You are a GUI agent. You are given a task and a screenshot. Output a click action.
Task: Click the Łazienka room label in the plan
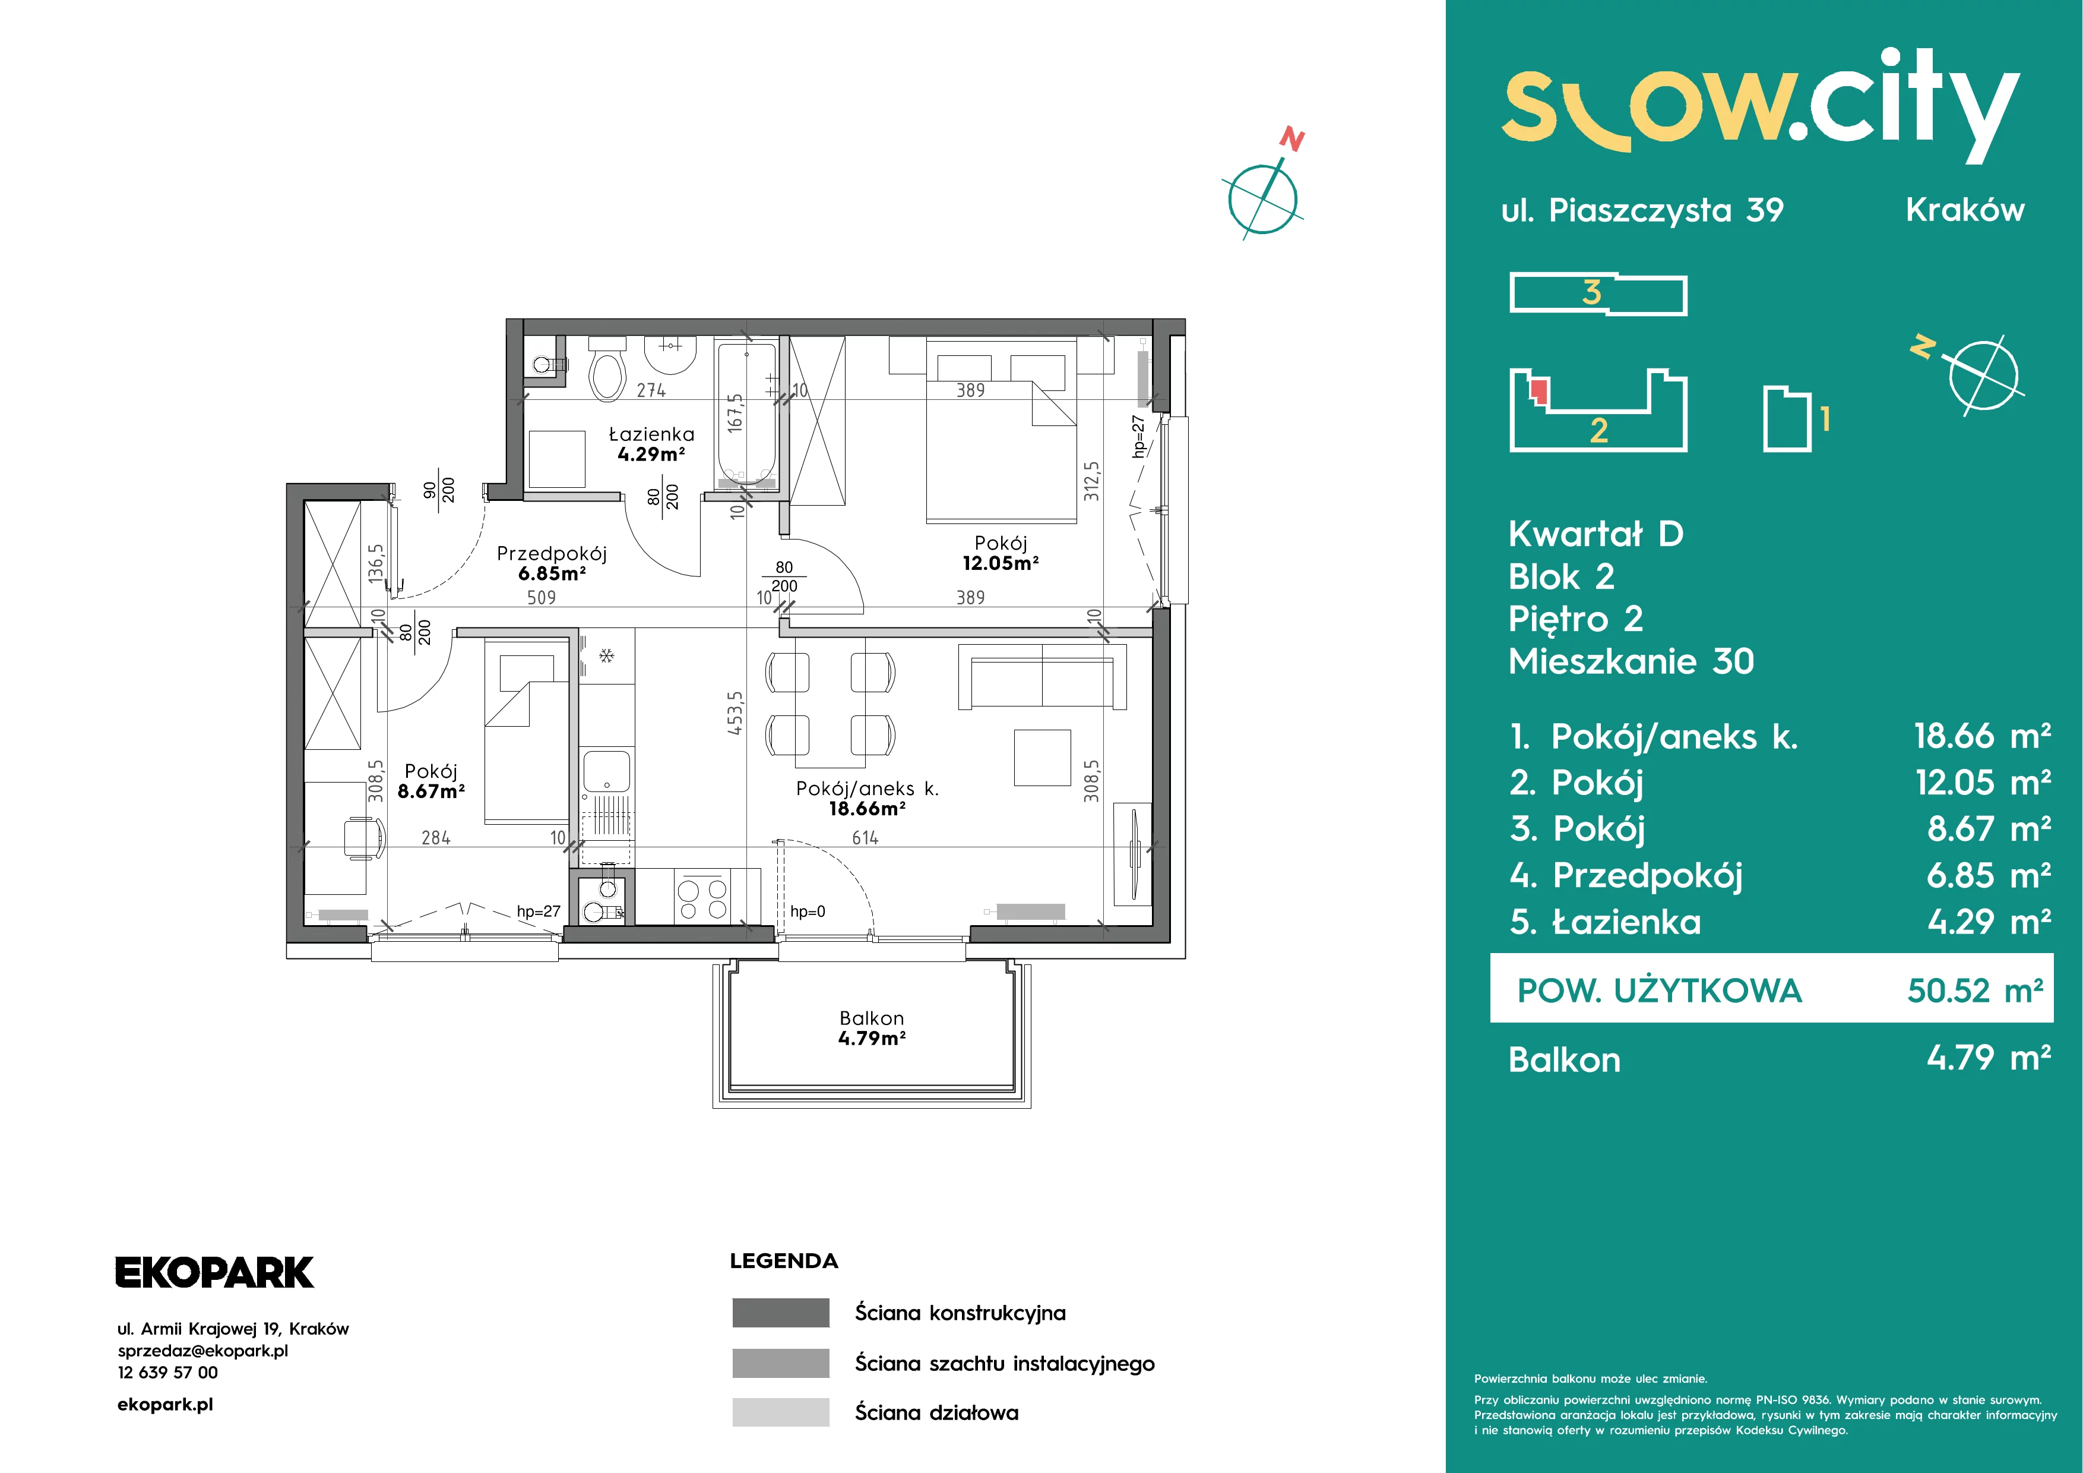click(651, 435)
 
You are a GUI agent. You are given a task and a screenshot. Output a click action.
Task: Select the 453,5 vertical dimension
click(735, 712)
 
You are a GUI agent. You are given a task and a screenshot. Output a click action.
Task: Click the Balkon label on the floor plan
click(872, 1018)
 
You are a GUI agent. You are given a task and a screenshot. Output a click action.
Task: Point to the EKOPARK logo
click(214, 1272)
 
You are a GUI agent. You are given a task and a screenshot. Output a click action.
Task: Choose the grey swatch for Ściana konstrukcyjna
click(780, 1313)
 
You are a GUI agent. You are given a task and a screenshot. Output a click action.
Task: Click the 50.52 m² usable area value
click(1975, 990)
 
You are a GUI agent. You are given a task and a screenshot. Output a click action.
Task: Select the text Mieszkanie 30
click(1631, 661)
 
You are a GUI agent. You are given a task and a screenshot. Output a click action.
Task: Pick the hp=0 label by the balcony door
click(808, 911)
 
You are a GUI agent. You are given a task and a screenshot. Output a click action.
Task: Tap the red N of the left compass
click(1292, 140)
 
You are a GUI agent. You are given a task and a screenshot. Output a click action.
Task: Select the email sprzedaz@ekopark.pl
click(203, 1351)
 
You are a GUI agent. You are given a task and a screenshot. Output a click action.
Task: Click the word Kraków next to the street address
click(1965, 210)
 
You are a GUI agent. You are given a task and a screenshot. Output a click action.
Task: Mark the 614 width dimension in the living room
click(865, 838)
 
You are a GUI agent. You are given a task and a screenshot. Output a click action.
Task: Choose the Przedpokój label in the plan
click(552, 554)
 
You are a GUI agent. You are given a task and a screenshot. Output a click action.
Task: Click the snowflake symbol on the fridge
click(607, 655)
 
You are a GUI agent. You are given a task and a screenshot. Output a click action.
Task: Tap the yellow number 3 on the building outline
click(1591, 292)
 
